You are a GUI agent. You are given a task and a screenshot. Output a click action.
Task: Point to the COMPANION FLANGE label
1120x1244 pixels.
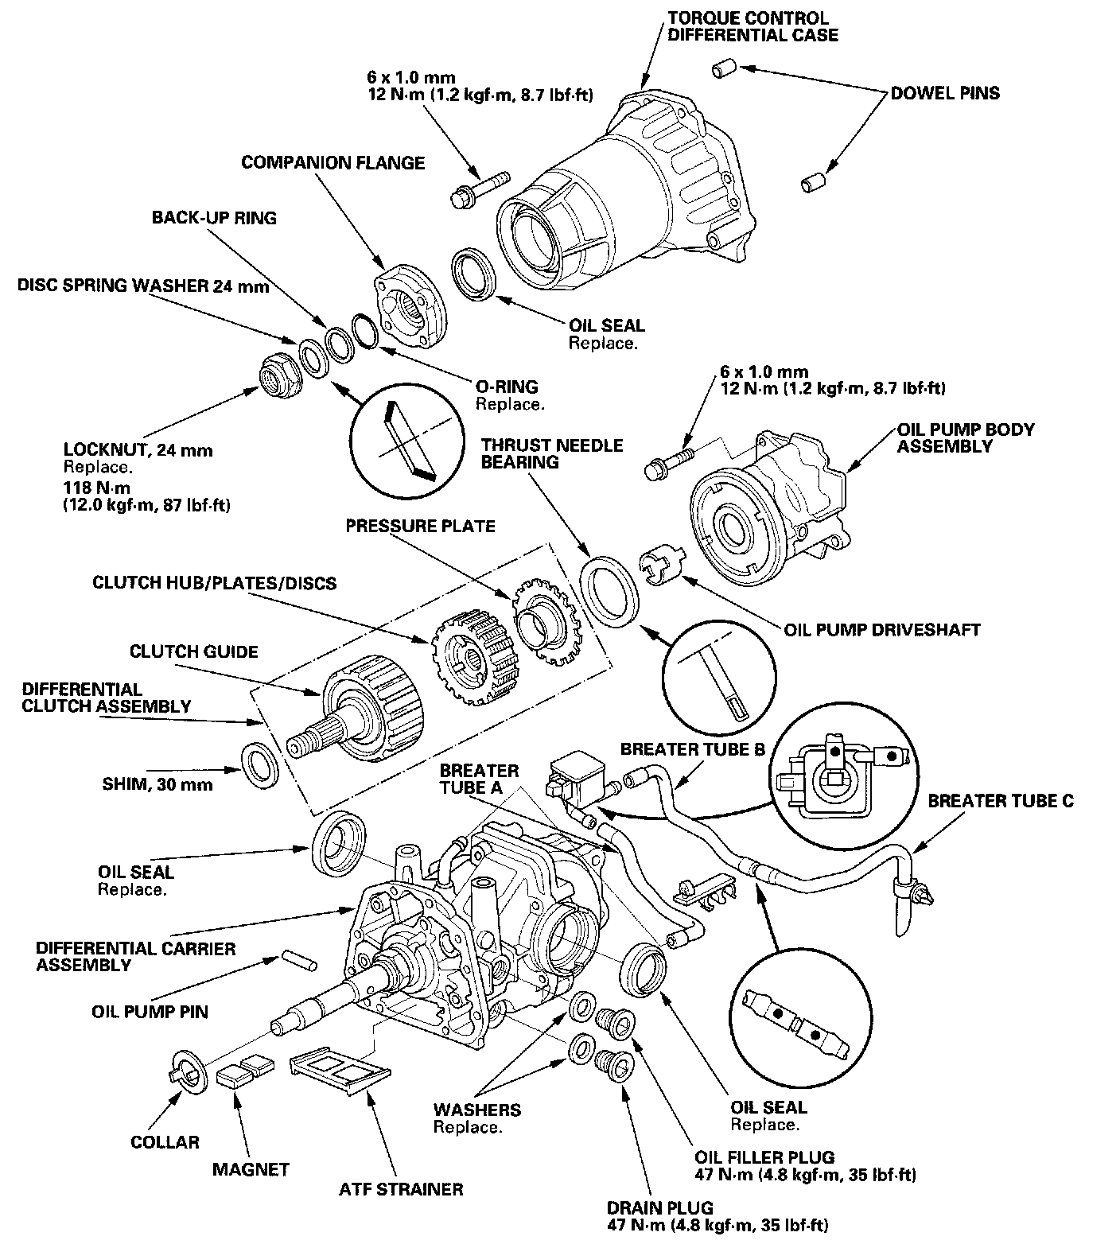(x=332, y=163)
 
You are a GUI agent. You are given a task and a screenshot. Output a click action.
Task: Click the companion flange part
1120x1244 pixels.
(x=408, y=307)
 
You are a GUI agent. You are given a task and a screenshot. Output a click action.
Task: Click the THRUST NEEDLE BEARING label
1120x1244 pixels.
(x=551, y=453)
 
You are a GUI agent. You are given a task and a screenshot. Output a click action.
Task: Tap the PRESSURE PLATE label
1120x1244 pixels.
(x=420, y=526)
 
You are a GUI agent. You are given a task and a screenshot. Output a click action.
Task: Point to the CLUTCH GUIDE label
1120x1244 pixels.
(x=194, y=652)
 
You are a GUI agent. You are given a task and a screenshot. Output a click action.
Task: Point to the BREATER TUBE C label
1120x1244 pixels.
(x=1001, y=801)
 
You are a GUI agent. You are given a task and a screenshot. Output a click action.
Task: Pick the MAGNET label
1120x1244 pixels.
(x=251, y=1169)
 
